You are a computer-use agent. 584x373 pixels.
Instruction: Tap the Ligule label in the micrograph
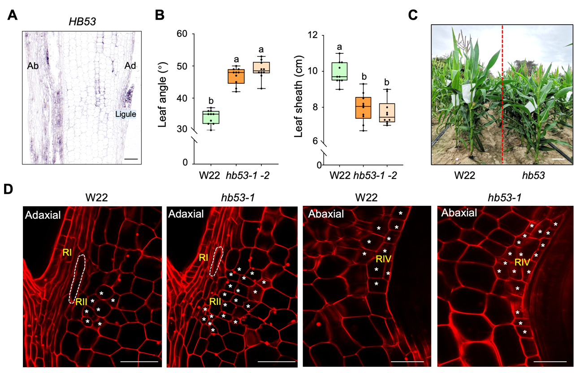click(125, 114)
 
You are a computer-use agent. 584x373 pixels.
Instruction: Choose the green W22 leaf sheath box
click(340, 71)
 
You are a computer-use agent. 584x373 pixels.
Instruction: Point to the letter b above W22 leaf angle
click(208, 100)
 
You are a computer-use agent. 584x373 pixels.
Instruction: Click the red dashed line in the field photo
click(502, 94)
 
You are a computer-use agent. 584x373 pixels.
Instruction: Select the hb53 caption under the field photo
click(534, 176)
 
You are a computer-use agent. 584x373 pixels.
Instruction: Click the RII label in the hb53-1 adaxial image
click(215, 302)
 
